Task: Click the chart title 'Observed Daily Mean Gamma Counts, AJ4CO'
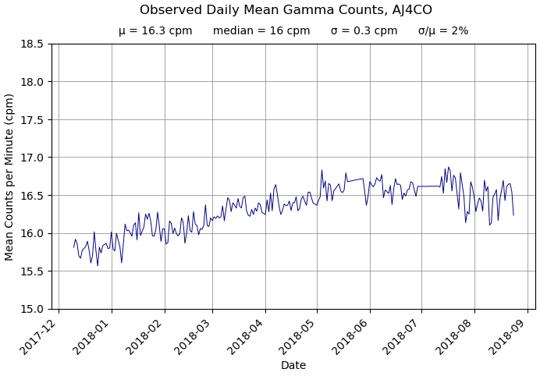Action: (x=286, y=10)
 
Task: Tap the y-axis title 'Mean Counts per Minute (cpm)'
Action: (x=10, y=176)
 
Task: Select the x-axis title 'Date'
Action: (x=293, y=365)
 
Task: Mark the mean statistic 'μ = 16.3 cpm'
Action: (x=155, y=31)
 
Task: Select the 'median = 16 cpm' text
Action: (x=261, y=31)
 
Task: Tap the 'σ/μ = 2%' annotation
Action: (x=443, y=31)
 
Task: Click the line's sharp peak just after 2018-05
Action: (x=322, y=170)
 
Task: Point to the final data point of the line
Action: (x=513, y=215)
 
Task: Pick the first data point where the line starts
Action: (x=74, y=247)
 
